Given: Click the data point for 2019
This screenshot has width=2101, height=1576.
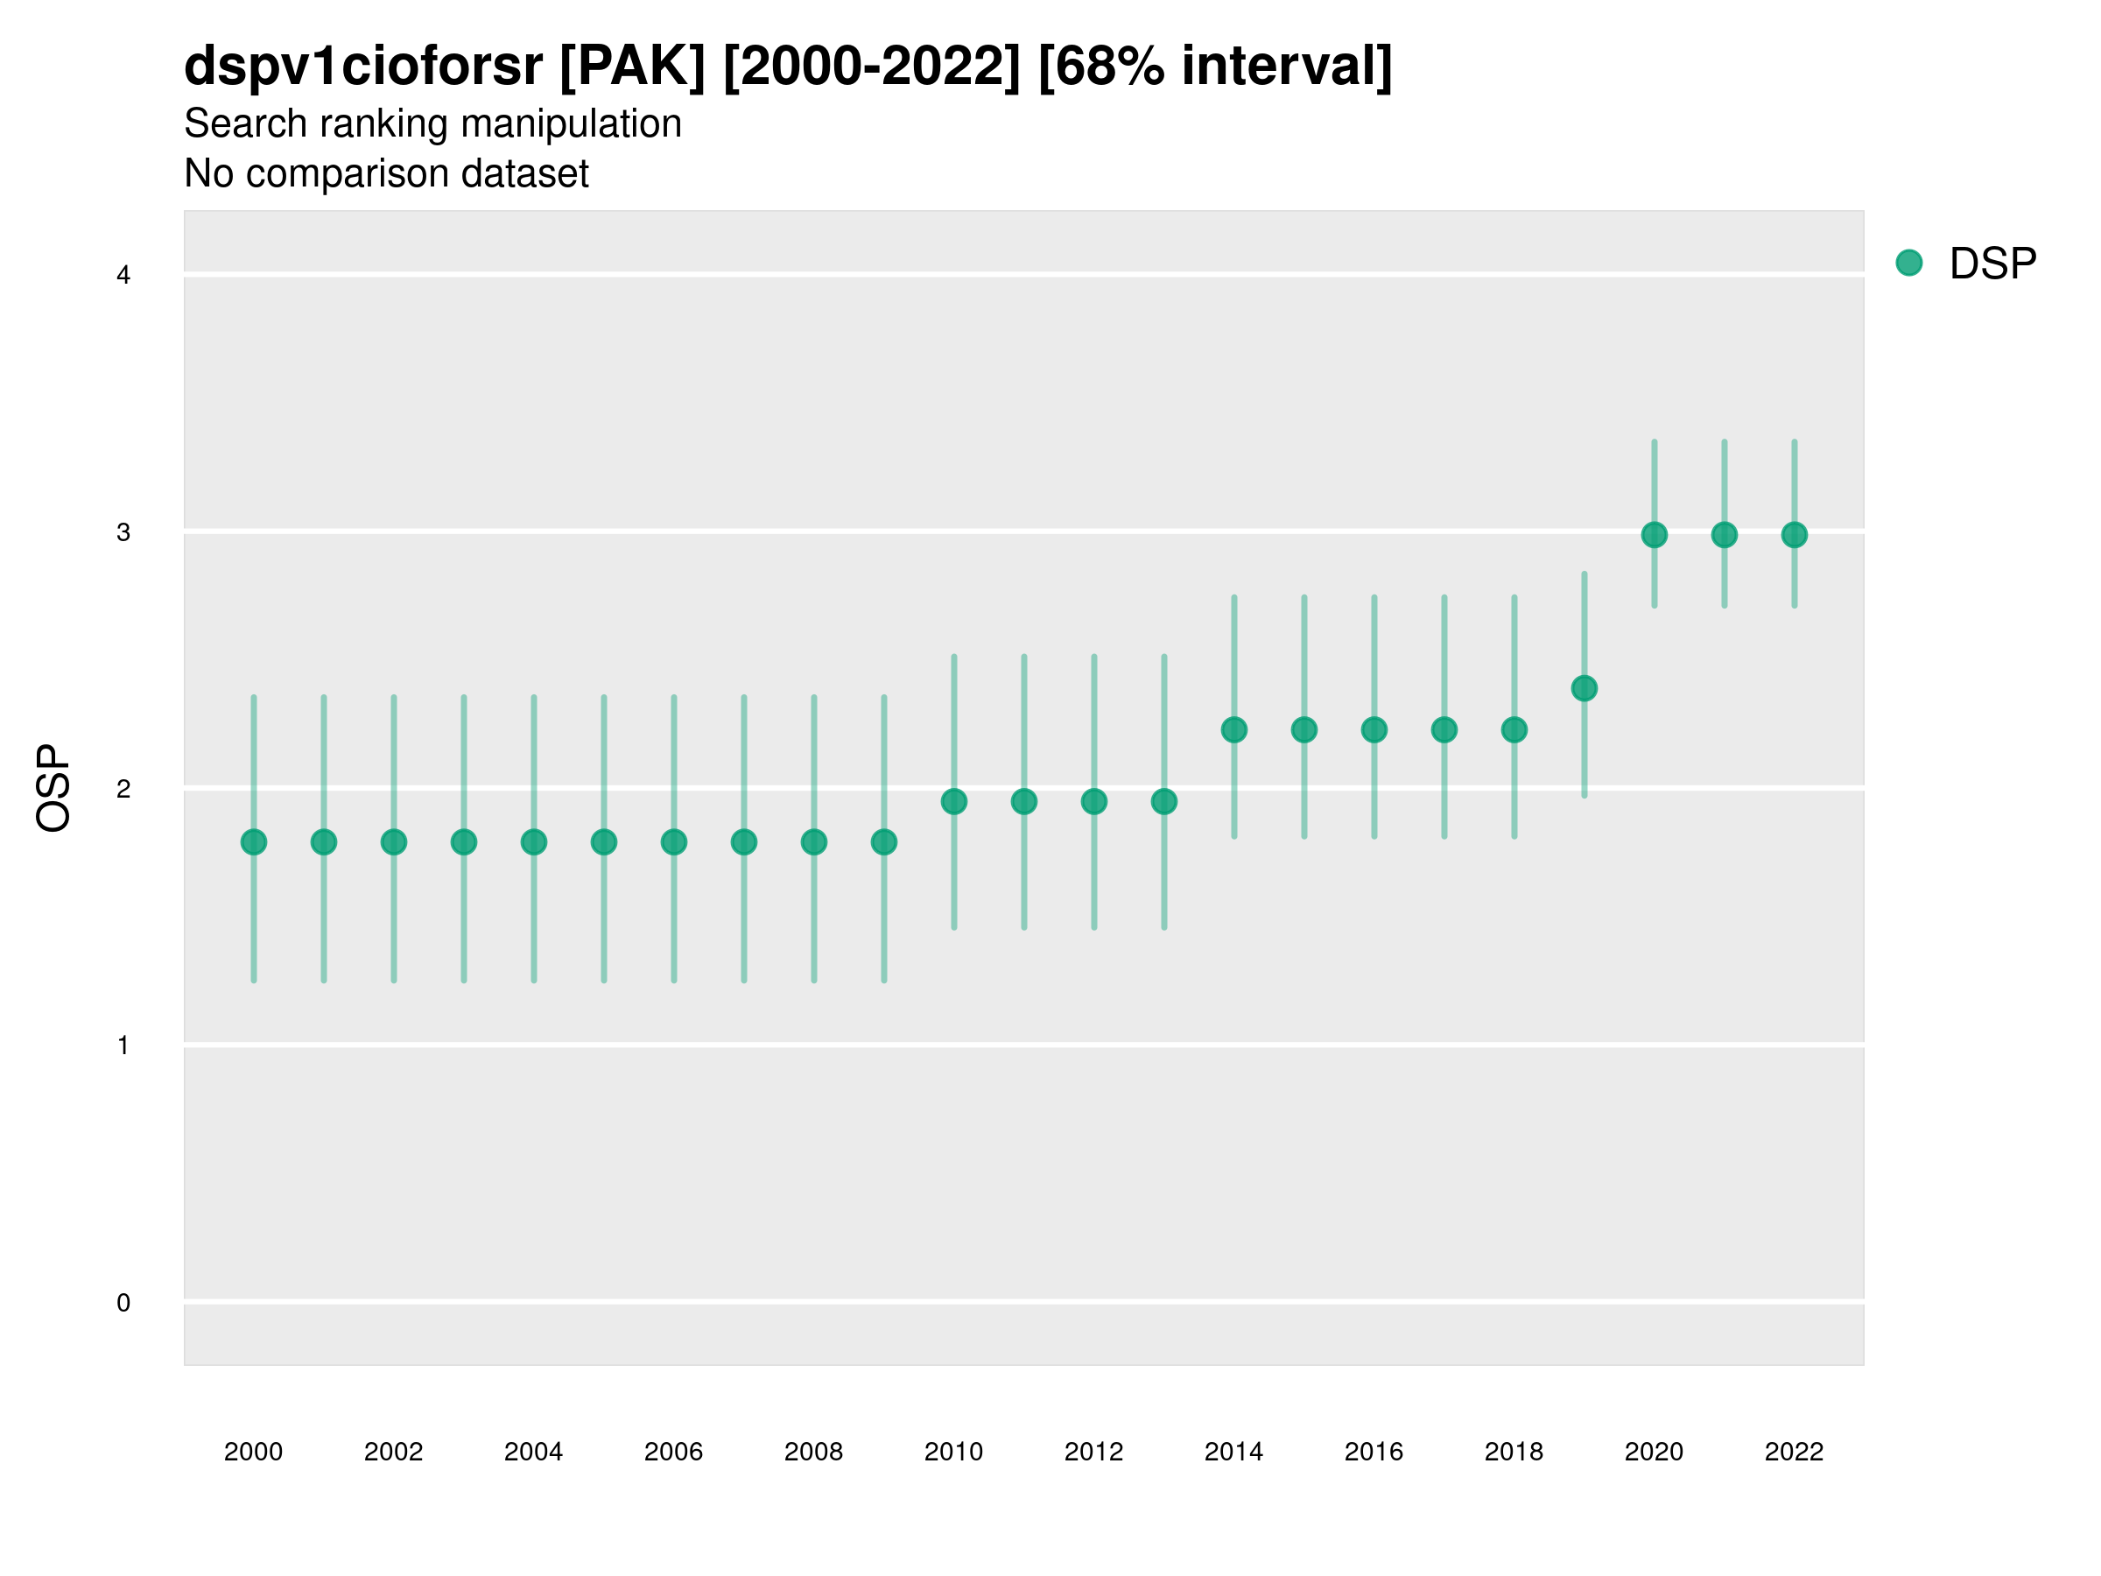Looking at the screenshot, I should click(x=1585, y=688).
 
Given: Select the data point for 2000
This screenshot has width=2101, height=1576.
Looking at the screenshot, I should click(x=254, y=841).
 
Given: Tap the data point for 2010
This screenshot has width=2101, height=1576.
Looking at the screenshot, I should click(x=953, y=802).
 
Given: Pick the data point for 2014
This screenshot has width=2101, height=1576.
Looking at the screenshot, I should click(x=1233, y=729).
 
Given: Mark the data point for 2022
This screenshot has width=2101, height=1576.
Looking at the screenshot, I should click(x=1795, y=535).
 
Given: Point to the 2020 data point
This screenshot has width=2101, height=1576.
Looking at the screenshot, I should click(x=1654, y=535).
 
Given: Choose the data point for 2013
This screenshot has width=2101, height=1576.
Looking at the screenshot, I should click(x=1163, y=802).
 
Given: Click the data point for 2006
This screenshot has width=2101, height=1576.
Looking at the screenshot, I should click(x=673, y=841).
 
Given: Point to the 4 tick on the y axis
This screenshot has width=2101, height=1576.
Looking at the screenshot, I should click(x=123, y=276).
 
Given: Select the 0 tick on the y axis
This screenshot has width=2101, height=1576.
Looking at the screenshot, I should click(x=123, y=1303).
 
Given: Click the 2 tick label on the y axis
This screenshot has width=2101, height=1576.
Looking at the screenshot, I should click(x=123, y=789).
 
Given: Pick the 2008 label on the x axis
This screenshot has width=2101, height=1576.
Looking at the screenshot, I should click(x=813, y=1452).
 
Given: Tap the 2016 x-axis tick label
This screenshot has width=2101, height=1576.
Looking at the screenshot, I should click(x=1374, y=1452).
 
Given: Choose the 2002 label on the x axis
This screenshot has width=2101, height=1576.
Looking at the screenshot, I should click(x=393, y=1452).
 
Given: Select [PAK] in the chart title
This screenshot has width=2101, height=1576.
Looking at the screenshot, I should click(x=633, y=67).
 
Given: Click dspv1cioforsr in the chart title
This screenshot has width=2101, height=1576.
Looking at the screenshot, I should click(x=362, y=67).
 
